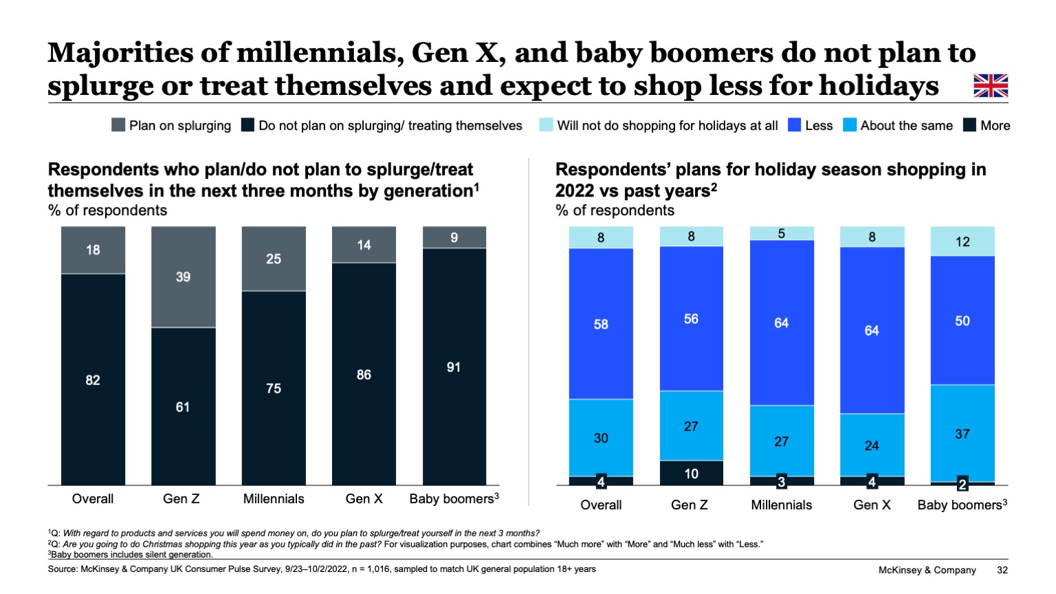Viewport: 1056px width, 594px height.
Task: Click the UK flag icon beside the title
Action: [991, 86]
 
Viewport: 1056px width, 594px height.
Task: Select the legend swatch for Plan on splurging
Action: [118, 125]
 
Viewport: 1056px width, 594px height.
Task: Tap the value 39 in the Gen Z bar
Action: [183, 277]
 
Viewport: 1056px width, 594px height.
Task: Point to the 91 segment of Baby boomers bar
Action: [454, 367]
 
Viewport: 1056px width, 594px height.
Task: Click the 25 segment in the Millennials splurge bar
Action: [274, 259]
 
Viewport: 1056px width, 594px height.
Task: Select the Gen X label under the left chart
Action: [364, 499]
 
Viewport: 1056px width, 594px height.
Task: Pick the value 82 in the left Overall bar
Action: [93, 380]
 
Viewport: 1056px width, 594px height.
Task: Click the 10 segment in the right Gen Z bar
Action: [691, 474]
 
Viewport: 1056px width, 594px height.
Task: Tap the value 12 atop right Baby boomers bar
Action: [962, 242]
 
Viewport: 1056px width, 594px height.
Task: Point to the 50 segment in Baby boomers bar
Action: [962, 321]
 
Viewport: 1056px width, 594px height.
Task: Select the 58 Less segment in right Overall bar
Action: [601, 324]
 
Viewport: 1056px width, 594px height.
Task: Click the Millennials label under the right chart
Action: [781, 505]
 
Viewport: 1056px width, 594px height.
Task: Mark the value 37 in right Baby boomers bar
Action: [962, 434]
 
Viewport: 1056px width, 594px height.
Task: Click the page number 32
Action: [1002, 570]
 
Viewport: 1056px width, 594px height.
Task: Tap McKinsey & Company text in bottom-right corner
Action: [927, 570]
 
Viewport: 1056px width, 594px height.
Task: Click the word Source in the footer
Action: [62, 569]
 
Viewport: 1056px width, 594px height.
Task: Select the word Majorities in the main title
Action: [121, 53]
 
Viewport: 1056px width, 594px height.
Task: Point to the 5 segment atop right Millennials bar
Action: [782, 234]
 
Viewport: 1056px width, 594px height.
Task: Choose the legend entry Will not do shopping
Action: [667, 126]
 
